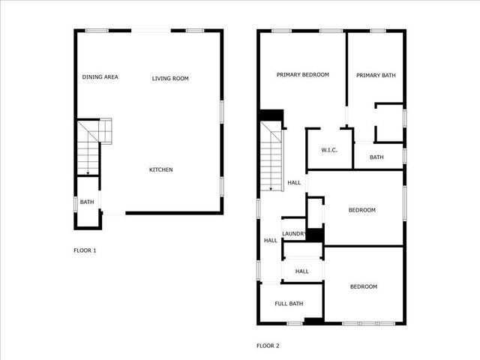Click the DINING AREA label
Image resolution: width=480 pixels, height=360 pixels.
[100, 77]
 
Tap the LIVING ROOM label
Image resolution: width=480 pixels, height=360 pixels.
[169, 78]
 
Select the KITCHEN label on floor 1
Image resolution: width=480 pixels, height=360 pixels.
[160, 169]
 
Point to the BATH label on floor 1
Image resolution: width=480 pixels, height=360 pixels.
[87, 202]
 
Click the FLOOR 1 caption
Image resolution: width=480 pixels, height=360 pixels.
[85, 250]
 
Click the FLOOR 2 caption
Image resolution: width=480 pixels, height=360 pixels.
[268, 346]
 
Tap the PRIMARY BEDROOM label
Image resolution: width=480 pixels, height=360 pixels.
[302, 75]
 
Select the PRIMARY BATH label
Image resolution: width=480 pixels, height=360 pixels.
[376, 75]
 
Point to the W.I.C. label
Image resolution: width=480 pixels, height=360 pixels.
[329, 150]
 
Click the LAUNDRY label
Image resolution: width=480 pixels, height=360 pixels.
[293, 234]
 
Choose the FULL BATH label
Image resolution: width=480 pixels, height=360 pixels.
[289, 304]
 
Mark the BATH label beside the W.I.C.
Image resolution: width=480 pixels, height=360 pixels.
[376, 157]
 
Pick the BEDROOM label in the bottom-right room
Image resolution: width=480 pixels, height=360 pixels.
[364, 286]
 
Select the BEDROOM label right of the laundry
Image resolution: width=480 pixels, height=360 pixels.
[361, 210]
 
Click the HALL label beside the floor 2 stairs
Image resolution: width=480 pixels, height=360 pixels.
[294, 182]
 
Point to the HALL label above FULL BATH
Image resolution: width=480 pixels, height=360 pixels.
[301, 271]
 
